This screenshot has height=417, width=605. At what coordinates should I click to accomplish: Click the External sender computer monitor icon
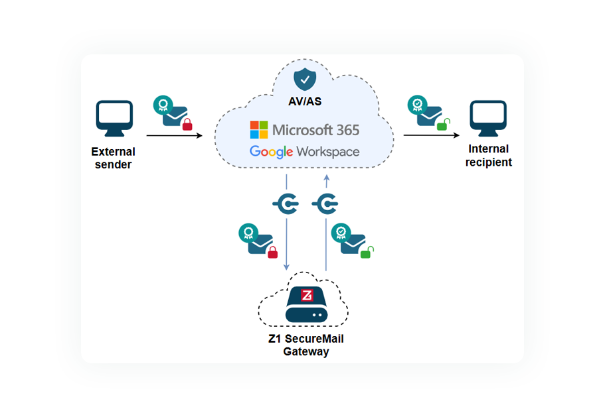point(115,119)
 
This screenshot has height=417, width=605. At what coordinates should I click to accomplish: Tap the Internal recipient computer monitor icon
point(488,118)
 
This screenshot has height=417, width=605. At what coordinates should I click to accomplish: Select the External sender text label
point(114,158)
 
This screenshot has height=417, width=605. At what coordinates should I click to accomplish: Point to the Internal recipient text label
point(489,156)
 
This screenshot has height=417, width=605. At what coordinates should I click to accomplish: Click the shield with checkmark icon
point(305,79)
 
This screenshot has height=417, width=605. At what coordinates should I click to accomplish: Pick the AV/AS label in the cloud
point(305,102)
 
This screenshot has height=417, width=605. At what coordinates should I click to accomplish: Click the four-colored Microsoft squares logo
point(258,129)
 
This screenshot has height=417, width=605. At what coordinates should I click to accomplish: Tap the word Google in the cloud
point(272,152)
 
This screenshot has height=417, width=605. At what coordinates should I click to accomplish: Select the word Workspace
point(328,152)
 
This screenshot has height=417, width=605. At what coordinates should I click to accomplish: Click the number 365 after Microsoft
point(344,129)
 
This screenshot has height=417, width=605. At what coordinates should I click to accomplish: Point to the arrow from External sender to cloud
point(174,135)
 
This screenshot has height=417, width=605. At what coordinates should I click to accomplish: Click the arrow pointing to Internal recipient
point(432,135)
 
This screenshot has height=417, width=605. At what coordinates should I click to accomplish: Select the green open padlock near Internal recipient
point(443,123)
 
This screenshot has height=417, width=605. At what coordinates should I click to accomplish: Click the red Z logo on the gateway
point(307,295)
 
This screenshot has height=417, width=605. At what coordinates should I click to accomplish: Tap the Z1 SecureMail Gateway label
point(305,345)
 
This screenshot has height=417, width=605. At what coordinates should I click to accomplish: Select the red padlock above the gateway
point(272,251)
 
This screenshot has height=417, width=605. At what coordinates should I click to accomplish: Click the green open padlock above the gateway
point(366,252)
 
